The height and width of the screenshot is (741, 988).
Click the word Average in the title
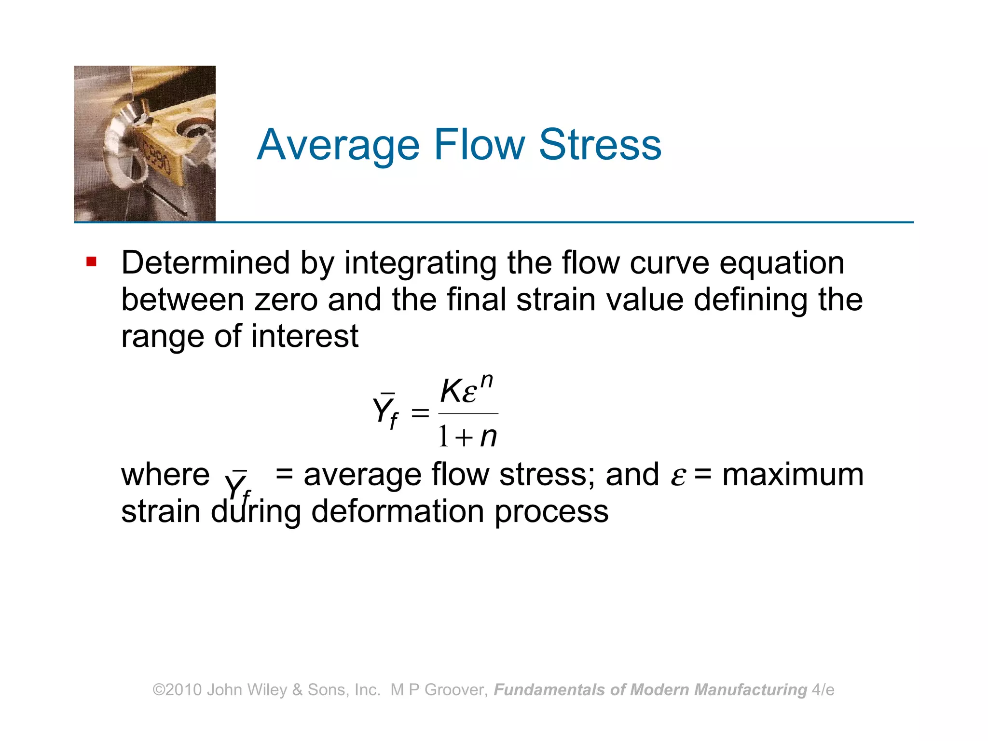[x=338, y=145]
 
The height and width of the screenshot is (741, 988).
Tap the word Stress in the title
[x=600, y=145]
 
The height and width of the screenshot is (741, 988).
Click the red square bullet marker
[x=91, y=262]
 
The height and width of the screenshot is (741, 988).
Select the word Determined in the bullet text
[x=206, y=263]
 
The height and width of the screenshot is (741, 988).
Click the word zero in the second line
[x=286, y=300]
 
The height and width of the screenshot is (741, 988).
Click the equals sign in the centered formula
[x=420, y=413]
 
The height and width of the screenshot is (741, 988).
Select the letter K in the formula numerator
[x=452, y=391]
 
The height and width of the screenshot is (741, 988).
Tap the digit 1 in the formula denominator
[x=443, y=436]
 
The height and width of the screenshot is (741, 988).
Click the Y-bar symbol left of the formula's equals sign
[x=385, y=410]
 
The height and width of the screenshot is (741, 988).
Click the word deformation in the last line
[x=398, y=511]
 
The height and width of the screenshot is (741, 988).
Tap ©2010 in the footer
[x=177, y=690]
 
